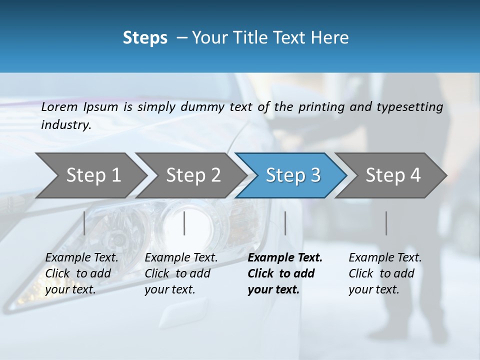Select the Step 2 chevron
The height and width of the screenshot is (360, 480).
coord(193,175)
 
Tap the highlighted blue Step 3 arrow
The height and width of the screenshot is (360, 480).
coord(292,175)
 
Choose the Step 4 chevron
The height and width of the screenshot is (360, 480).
coord(392,175)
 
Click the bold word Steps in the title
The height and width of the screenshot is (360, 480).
coord(145,37)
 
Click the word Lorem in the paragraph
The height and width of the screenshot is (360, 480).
coord(59,106)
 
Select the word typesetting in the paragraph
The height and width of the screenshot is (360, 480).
coord(409,106)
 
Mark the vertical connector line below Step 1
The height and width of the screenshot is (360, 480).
coord(84,223)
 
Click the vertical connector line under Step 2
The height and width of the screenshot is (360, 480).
coord(184,223)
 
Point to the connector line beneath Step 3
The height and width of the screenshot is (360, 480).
coord(285,223)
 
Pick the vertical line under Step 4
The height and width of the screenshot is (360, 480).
coord(386,223)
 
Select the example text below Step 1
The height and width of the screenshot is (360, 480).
coord(81,273)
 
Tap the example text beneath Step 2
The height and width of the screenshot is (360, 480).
coord(181,273)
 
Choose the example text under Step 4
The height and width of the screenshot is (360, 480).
coord(385,273)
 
